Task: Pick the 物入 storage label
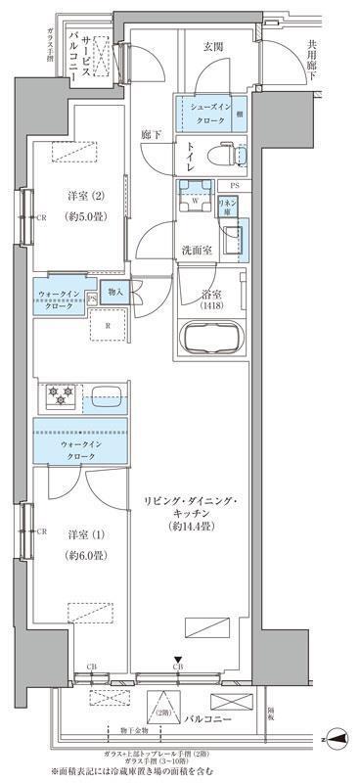[x=114, y=291]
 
